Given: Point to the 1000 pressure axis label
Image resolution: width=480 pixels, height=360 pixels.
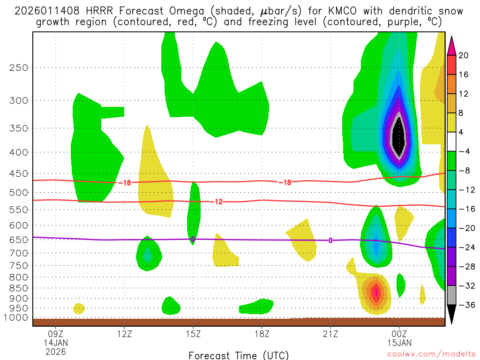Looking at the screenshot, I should click(x=17, y=318).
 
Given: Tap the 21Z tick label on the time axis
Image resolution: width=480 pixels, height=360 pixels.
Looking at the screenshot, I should click(x=330, y=334).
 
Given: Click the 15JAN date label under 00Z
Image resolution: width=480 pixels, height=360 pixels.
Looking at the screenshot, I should click(x=399, y=343).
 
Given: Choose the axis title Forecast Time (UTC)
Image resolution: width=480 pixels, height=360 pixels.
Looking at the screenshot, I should click(x=239, y=355).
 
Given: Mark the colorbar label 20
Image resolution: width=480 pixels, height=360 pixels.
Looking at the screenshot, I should click(x=464, y=55).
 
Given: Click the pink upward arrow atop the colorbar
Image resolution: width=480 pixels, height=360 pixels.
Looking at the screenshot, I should click(x=451, y=45).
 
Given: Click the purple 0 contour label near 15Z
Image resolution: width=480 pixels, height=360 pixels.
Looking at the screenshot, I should click(x=193, y=239).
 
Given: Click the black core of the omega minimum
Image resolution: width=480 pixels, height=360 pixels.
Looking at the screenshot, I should click(x=399, y=137).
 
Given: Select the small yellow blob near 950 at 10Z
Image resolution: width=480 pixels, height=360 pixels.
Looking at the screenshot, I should click(x=79, y=308).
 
